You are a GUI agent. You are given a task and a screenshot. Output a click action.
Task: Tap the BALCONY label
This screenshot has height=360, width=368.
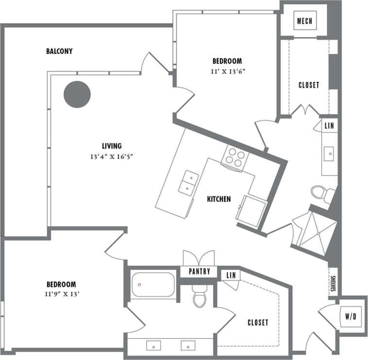[59, 51]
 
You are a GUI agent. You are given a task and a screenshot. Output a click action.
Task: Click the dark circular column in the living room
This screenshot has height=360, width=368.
[77, 94]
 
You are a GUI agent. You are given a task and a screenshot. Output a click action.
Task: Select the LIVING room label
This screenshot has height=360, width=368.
[111, 146]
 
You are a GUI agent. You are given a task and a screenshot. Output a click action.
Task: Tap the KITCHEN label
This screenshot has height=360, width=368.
[218, 199]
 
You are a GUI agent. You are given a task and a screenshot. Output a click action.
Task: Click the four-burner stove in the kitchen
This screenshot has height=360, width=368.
[235, 158]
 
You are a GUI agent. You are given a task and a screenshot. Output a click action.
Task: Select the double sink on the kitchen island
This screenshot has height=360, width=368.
[188, 183]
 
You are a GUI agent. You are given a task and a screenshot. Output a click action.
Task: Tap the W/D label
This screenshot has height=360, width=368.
[350, 317]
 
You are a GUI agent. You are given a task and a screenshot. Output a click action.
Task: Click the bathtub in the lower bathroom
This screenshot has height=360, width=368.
[153, 285]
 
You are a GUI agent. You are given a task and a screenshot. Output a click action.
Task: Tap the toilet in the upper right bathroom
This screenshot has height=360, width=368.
[321, 193]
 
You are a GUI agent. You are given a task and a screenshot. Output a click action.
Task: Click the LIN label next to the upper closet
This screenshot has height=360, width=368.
[329, 125]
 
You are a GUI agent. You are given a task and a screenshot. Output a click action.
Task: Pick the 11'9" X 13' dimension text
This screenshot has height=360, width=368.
[61, 294]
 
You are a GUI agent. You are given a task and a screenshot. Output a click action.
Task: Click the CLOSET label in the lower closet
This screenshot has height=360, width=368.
[257, 322]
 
